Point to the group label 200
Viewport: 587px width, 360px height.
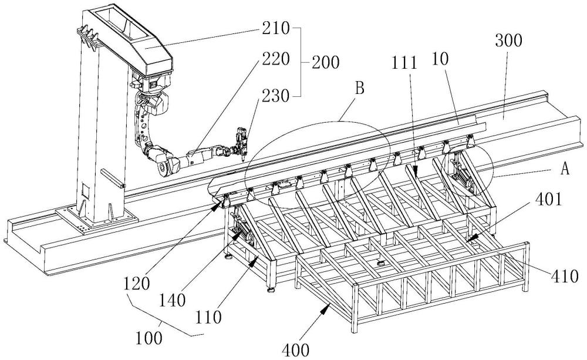324,63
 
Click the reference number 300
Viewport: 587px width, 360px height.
509,42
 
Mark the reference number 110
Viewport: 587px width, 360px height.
210,318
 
